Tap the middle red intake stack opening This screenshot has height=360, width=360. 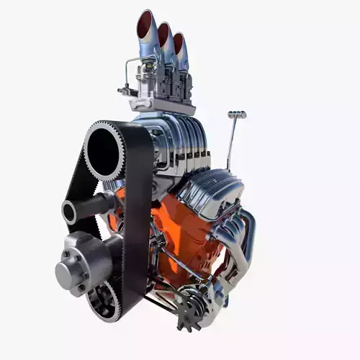(x=164, y=34)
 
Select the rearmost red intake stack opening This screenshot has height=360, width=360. (x=179, y=43)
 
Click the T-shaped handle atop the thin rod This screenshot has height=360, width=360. (x=237, y=114)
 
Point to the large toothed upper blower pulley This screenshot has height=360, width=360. (x=105, y=150)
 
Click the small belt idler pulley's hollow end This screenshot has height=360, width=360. (x=70, y=212)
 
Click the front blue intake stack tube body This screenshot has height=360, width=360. (x=148, y=47)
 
